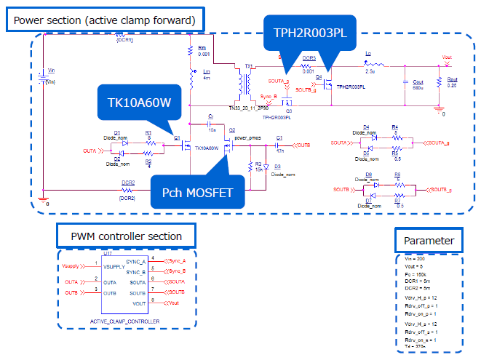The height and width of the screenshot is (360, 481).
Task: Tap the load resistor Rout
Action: pyautogui.click(x=440, y=84)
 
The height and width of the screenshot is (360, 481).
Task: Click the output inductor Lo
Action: pyautogui.click(x=369, y=63)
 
